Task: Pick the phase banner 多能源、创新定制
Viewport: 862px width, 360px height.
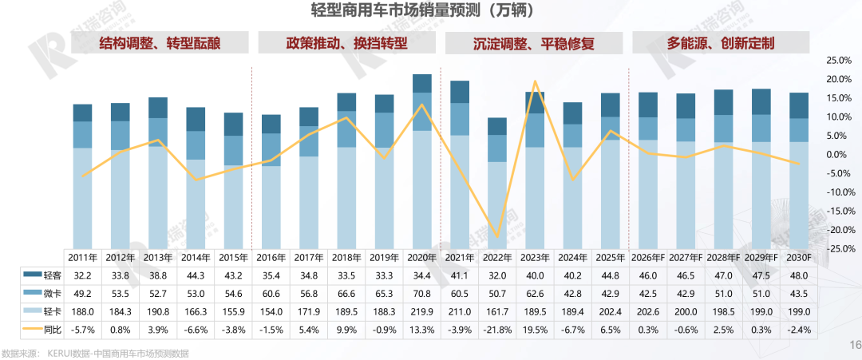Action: tap(722, 42)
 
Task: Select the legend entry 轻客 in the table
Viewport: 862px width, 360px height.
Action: tap(42, 275)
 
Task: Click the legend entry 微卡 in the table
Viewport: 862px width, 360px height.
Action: tap(42, 292)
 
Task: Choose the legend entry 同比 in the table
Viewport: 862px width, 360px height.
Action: tap(42, 327)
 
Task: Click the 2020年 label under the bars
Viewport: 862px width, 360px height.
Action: tap(421, 258)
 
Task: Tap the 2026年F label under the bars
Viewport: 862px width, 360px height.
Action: tap(648, 258)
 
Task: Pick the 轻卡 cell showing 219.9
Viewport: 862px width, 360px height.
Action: tap(421, 310)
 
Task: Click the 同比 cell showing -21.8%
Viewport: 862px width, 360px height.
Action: tap(497, 327)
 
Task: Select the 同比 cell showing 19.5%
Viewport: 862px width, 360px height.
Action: tap(535, 327)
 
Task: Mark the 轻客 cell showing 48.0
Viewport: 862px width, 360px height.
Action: tap(799, 275)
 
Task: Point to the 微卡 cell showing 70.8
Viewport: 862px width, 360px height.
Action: tap(421, 292)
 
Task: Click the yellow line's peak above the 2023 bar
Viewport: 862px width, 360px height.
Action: tap(535, 81)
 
